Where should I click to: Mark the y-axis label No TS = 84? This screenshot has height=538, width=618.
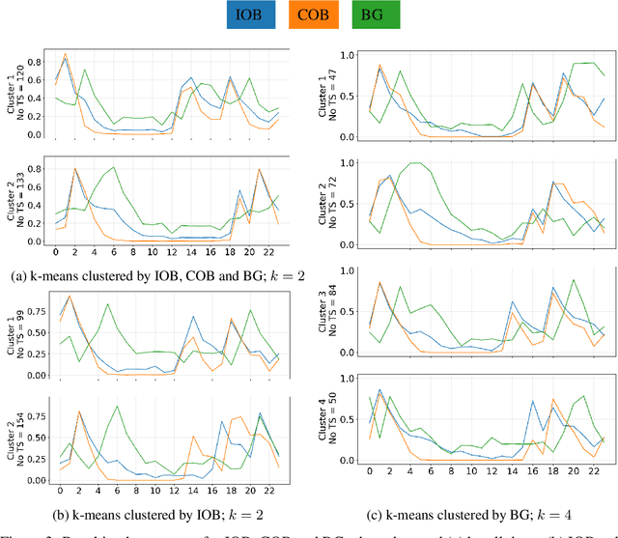(x=335, y=301)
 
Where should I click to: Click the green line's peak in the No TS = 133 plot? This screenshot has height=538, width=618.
(x=114, y=168)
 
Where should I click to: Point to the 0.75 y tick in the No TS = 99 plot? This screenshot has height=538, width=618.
(x=42, y=311)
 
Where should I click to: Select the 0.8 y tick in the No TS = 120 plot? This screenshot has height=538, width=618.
(x=42, y=62)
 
